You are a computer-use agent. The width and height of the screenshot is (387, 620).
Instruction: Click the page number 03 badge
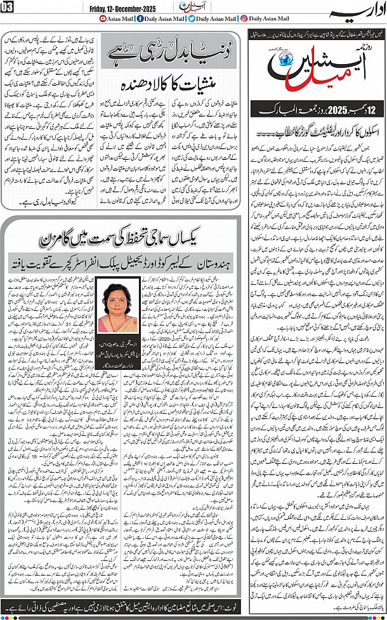click(8, 8)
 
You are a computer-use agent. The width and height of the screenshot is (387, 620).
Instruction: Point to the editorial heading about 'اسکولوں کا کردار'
click(317, 134)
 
